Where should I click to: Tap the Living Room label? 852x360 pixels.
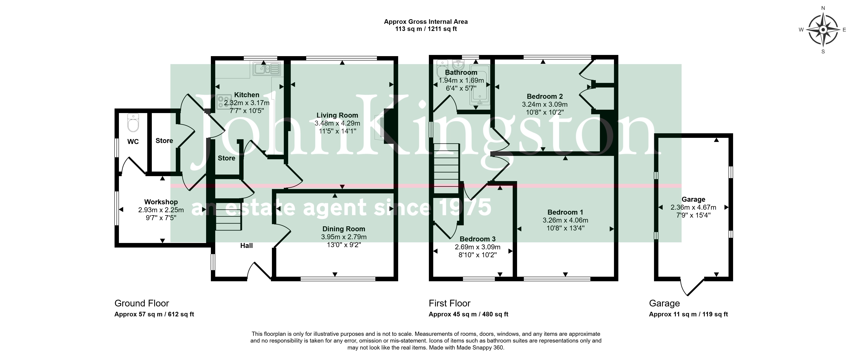pos(337,115)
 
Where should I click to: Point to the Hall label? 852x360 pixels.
pos(246,246)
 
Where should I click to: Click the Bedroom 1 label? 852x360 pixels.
pos(565,212)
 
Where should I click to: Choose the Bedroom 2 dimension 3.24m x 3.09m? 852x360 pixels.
pos(545,104)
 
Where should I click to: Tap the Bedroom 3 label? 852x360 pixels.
pos(478,239)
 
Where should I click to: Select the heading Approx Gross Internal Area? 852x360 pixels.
pos(426,22)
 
